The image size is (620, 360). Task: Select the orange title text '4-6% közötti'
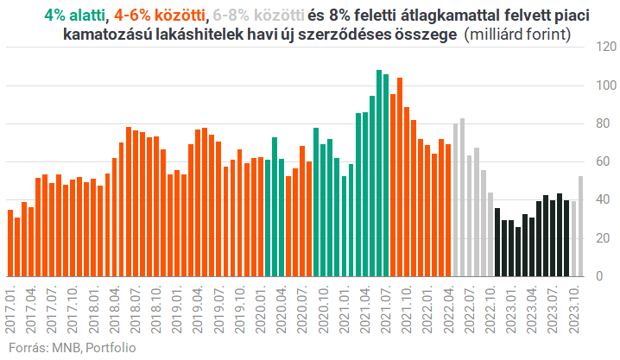pyautogui.click(x=160, y=15)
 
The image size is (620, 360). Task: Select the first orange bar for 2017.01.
pyautogui.click(x=10, y=243)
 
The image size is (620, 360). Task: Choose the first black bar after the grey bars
pyautogui.click(x=497, y=242)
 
